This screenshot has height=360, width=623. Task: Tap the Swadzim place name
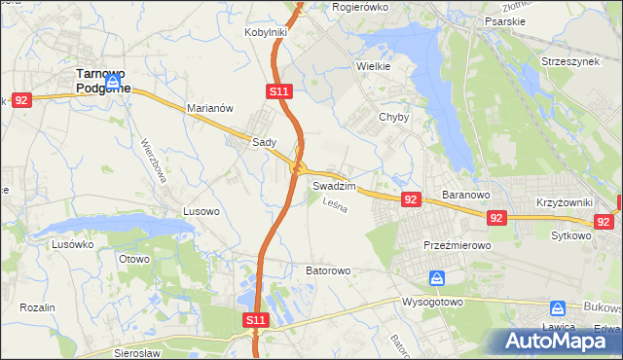pos(334,185)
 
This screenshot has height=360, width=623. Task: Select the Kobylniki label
pos(265,32)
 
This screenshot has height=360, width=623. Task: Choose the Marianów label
pos(209,109)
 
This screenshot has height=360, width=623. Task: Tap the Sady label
pos(265,142)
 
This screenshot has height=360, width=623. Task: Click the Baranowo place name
pos(464,195)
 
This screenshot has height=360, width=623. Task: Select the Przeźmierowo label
pos(457,246)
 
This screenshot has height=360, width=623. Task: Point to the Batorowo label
pos(328,270)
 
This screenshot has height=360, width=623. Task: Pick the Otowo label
pos(133,259)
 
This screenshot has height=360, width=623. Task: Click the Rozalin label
pos(37,307)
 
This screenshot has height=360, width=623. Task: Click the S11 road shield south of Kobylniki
pos(277,91)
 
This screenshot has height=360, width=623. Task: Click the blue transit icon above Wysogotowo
pos(437,279)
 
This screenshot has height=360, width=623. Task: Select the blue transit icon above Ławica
pos(558,307)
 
